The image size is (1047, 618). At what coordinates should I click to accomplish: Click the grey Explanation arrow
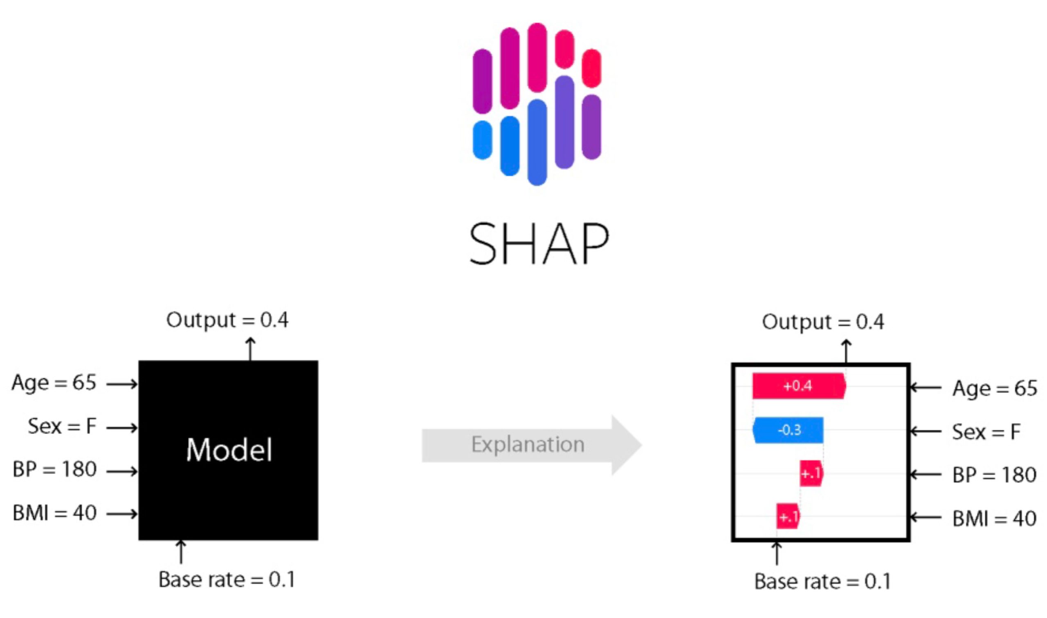click(529, 445)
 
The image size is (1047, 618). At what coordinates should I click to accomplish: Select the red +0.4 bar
click(798, 385)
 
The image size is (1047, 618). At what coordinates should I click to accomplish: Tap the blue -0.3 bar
click(788, 429)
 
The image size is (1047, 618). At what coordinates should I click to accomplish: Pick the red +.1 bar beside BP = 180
click(811, 473)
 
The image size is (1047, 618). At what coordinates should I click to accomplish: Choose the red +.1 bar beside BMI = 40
click(787, 517)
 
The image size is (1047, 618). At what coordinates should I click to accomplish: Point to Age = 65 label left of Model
click(54, 382)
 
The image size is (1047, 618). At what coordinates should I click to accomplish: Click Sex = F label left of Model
click(62, 426)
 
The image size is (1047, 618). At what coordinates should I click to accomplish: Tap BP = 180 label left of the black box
click(54, 469)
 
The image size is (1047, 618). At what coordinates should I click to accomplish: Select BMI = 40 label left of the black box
click(54, 513)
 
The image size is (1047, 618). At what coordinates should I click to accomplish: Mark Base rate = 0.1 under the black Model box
click(227, 579)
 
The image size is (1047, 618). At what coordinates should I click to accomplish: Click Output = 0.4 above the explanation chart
click(823, 322)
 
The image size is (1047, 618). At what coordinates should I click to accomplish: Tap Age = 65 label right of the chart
click(995, 388)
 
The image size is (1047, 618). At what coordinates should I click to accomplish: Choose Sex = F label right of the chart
click(986, 432)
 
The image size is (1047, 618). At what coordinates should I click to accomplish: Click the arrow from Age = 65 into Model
click(121, 384)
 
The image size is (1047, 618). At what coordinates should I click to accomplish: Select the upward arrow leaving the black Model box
click(250, 349)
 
